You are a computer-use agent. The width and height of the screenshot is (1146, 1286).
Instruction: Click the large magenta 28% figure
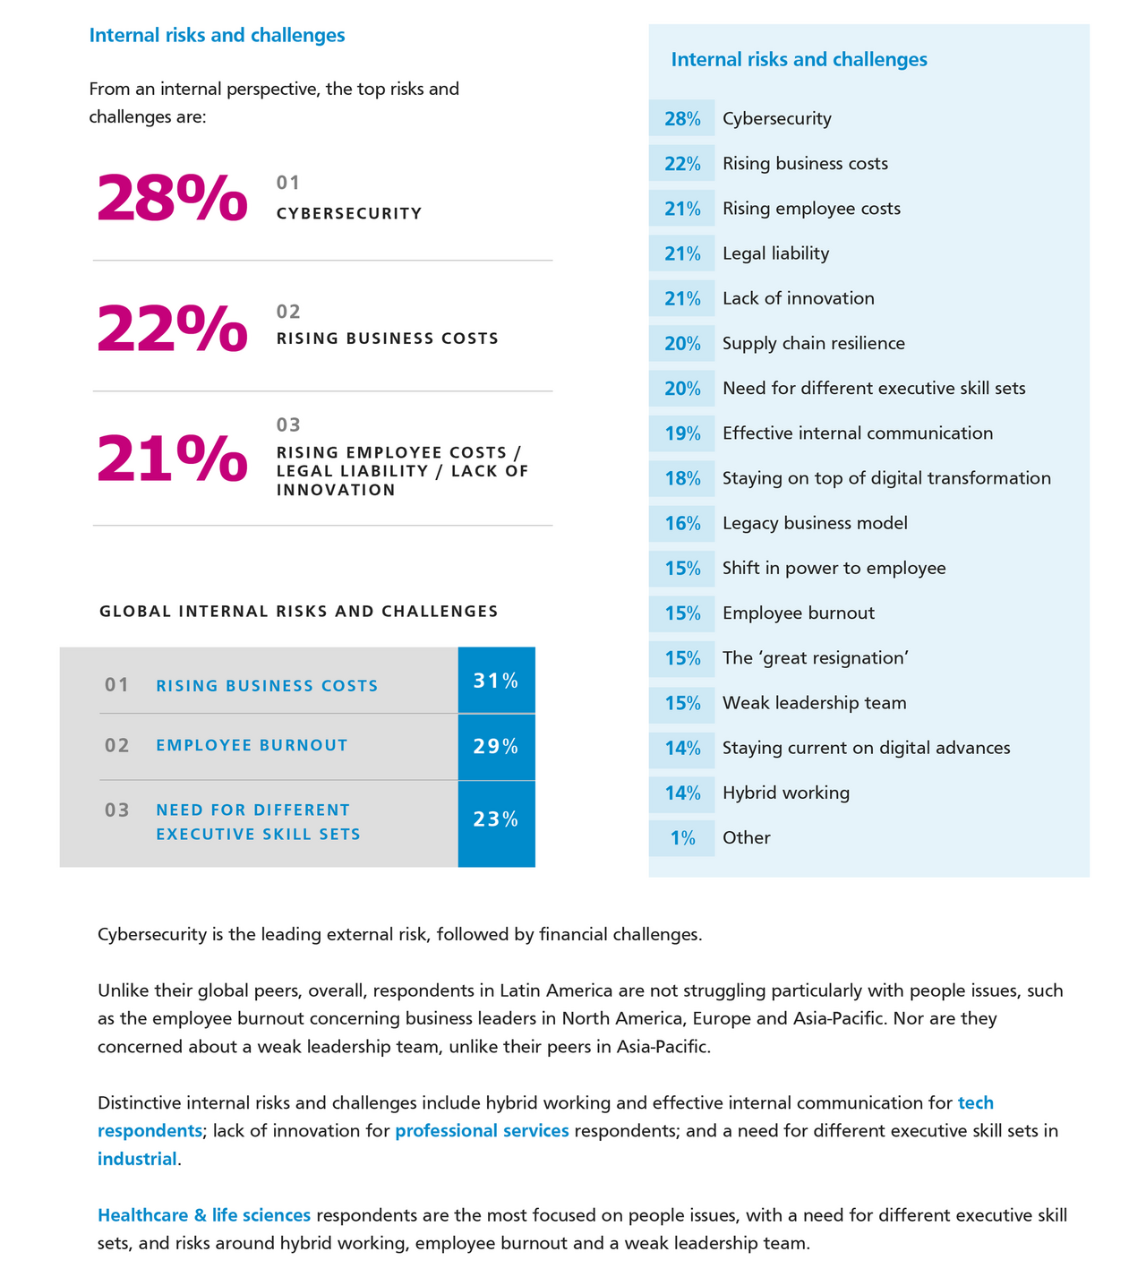point(172,198)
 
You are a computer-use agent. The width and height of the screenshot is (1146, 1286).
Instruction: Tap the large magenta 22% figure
point(172,328)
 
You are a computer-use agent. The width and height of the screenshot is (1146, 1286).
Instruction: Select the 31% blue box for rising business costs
point(496,681)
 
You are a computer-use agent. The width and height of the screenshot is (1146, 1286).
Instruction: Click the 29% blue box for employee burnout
point(496,747)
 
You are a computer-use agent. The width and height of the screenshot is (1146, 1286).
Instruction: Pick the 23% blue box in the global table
point(496,820)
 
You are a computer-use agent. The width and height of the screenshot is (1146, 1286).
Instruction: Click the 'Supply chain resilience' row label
point(813,344)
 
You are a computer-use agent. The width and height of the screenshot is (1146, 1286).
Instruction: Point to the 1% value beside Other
point(683,838)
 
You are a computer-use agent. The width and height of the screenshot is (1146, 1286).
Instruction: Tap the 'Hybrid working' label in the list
point(786,793)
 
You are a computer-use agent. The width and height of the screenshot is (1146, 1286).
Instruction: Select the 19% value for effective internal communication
point(682,434)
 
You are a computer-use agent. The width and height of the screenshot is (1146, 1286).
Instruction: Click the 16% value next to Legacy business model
point(682,524)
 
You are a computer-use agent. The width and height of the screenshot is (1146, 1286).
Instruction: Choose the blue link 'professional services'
point(482,1131)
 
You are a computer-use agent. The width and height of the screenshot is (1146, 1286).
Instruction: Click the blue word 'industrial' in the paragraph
point(137,1160)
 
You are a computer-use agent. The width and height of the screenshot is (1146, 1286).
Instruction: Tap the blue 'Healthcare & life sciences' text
point(204,1216)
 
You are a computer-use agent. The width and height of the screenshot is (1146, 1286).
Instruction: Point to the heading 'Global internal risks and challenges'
point(299,612)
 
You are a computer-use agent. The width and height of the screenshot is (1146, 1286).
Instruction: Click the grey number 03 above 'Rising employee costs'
point(288,424)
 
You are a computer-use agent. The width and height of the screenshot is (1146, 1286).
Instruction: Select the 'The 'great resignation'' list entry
point(816,658)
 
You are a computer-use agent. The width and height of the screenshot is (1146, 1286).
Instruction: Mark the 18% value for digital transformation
point(682,479)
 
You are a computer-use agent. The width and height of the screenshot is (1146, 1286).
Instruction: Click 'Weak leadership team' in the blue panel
point(814,703)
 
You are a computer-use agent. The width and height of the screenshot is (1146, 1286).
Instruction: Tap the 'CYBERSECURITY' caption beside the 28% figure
point(349,214)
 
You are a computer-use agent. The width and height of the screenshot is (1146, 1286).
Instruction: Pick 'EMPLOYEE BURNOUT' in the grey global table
point(252,745)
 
